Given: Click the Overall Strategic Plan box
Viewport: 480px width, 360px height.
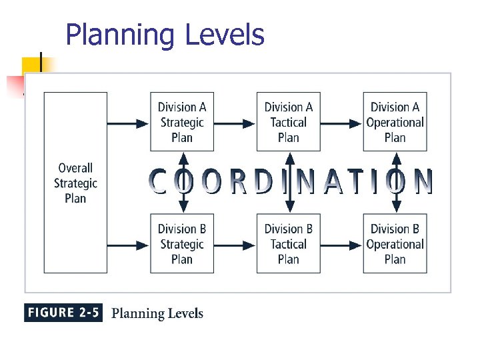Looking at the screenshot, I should (x=75, y=182).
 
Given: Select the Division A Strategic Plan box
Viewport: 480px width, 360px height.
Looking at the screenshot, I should (x=182, y=122).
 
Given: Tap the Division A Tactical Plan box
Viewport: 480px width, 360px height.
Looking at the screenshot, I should (x=288, y=122).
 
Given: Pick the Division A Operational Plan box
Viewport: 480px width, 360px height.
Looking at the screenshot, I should (x=395, y=122).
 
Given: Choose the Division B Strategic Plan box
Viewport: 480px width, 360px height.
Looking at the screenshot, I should (x=182, y=243).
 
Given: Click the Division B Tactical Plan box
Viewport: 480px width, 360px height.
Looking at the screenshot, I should (x=288, y=243).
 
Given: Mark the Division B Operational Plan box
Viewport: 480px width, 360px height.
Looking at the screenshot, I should (x=395, y=243).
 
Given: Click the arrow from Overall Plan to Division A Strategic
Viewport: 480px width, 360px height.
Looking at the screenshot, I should (x=128, y=123).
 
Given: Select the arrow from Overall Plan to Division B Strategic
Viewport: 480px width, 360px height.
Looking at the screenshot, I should (x=128, y=245).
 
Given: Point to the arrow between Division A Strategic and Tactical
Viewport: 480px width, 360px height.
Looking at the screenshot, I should (x=235, y=123).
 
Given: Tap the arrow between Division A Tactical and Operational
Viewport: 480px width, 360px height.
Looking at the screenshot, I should (x=341, y=123).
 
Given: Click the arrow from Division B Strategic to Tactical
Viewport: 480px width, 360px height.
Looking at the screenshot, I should (x=235, y=245).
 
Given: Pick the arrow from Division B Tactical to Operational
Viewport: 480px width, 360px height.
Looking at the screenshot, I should (x=341, y=245).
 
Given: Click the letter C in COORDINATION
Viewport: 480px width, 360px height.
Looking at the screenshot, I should (x=159, y=182).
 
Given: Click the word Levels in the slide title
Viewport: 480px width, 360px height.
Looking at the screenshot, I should (x=224, y=35).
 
